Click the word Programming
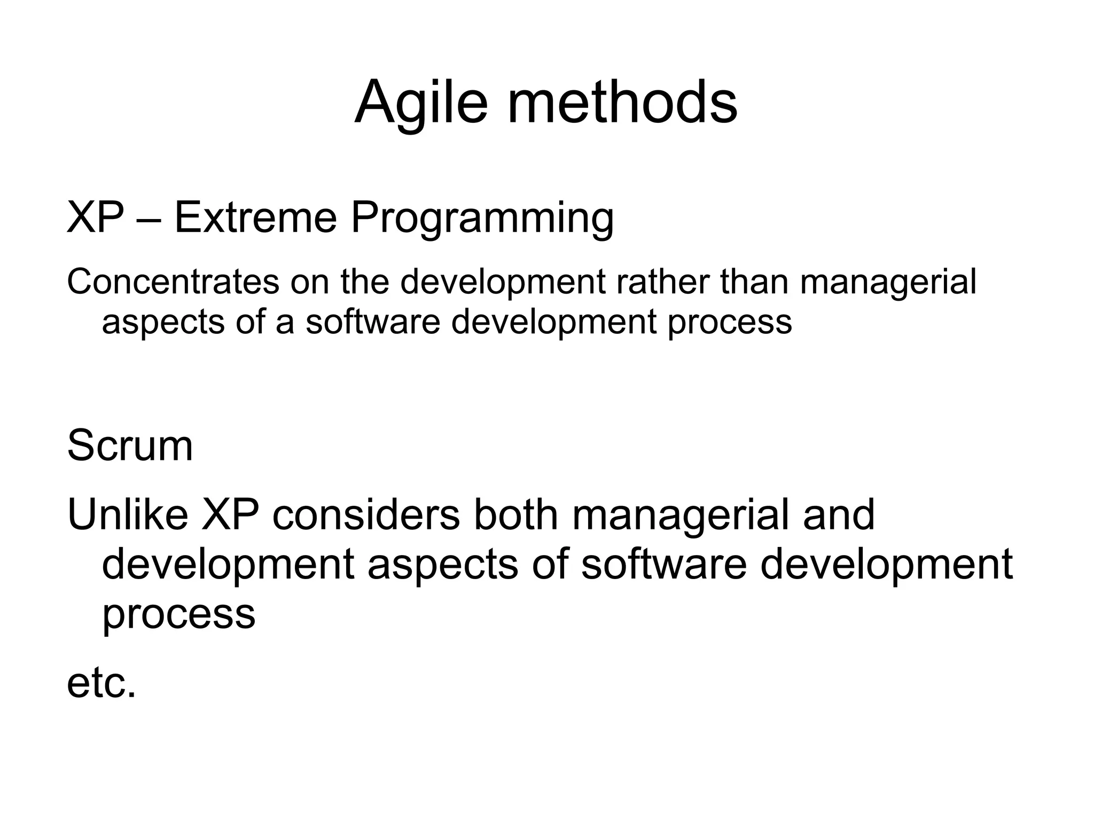(x=482, y=219)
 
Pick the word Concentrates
(x=173, y=282)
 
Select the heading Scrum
(x=130, y=446)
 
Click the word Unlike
(x=128, y=514)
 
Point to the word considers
(x=366, y=514)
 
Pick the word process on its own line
(x=179, y=614)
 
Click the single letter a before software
(x=285, y=323)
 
